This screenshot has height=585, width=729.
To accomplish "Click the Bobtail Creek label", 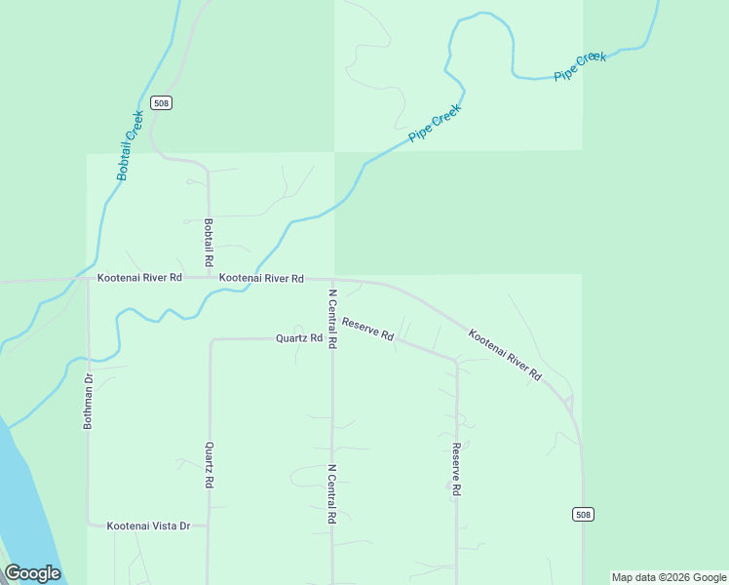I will coord(131,145).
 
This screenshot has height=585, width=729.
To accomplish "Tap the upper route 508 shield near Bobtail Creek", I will coord(162,103).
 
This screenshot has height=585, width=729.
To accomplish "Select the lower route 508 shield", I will coord(582,514).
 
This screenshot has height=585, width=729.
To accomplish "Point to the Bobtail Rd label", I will coord(209,243).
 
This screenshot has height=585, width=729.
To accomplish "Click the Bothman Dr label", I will coord(88,402).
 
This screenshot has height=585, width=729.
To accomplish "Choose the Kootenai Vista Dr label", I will coord(156,526).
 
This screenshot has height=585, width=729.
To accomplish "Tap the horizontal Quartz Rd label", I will coord(299,338).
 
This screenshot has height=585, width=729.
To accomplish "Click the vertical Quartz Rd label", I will coord(209,465).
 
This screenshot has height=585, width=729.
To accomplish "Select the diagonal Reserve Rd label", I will coord(367,329).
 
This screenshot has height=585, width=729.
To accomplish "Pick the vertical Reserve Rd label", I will coord(455,470).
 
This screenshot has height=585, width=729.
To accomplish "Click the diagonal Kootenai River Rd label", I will coord(505,355).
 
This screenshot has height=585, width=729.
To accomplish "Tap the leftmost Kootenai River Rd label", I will coord(139,278).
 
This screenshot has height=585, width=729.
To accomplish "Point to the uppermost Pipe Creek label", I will coord(580,66).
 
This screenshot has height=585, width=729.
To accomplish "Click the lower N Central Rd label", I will coord(332,494).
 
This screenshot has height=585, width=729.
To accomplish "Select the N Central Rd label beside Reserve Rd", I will coord(332,319).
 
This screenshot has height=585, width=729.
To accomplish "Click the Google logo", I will coord(32,573).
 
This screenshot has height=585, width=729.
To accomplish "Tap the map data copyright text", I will coord(669,577).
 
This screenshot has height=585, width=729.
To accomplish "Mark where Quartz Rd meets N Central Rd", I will coord(332,338).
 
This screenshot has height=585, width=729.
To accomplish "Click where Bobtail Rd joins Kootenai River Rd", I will coord(209,278).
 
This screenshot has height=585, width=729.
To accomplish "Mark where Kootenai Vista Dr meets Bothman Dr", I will coord(89,526).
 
